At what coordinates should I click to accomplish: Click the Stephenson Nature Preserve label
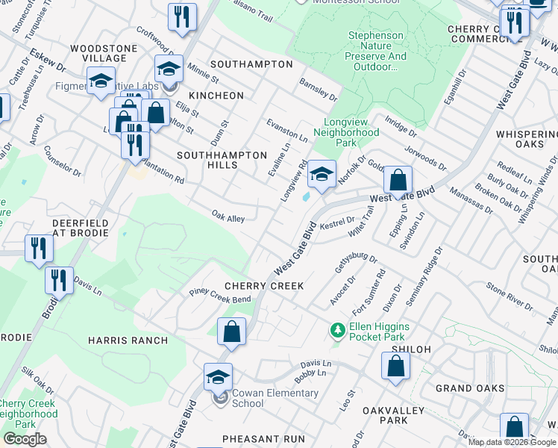point(377,51)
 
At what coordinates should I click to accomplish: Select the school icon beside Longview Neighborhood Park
point(322,175)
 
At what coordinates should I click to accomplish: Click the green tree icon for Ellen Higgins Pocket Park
point(338,329)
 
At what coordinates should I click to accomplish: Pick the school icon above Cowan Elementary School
point(218,377)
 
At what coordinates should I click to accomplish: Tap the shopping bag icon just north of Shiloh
point(395,366)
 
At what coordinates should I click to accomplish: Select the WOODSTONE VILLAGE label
point(98,53)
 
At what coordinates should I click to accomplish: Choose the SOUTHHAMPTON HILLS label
point(222,160)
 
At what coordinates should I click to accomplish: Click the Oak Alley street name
point(228,218)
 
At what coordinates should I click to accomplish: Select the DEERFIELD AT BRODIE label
point(80,228)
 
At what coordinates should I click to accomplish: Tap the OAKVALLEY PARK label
point(393,416)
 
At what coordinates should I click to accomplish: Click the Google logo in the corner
point(25,439)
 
